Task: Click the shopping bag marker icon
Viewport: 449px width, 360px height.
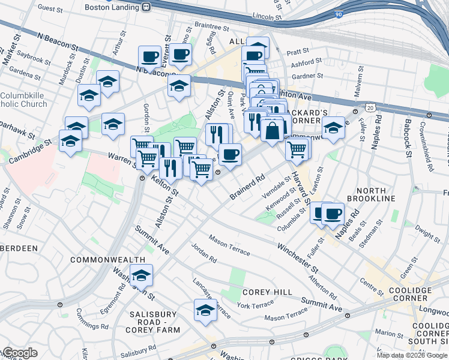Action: pos(273,129)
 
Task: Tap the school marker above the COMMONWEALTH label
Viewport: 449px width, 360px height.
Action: pos(142,275)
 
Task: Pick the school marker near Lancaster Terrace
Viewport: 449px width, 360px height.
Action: pos(205,310)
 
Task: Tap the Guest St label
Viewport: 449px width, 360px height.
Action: pos(50,9)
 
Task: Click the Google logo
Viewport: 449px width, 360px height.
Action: pos(20,353)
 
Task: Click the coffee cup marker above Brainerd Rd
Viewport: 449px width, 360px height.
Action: pos(229,155)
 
